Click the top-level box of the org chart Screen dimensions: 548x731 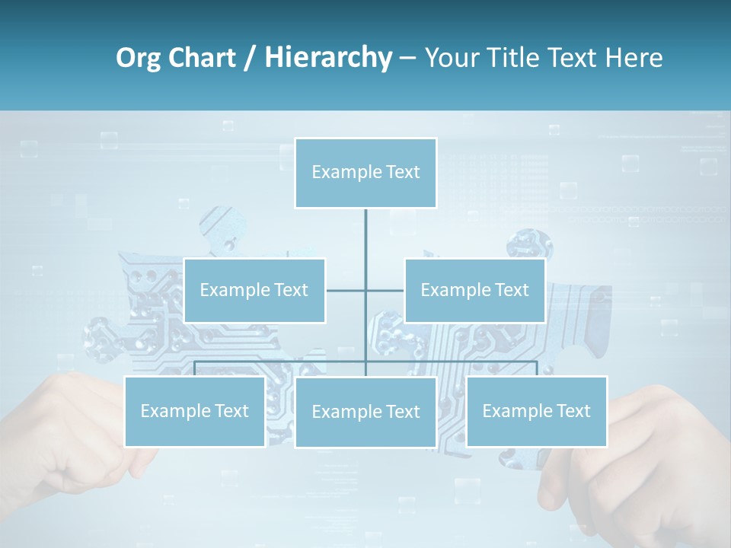365,173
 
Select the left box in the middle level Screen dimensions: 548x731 254,290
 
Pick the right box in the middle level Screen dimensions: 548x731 474,290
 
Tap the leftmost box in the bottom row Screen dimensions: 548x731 194,411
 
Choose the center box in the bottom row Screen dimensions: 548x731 365,412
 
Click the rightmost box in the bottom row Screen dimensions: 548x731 536,411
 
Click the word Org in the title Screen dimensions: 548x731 140,58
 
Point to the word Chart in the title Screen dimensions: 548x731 203,58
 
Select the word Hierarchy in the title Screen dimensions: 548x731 328,58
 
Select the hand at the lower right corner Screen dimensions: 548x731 647,464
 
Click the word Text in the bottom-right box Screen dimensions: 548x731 573,411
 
